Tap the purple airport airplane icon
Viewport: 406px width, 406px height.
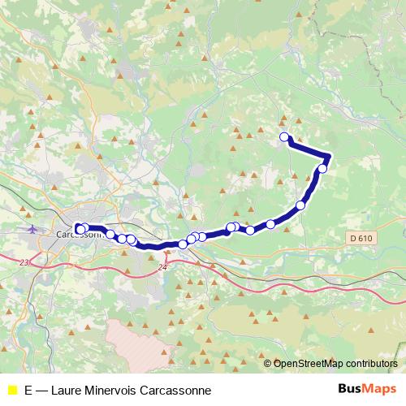pos(32,228)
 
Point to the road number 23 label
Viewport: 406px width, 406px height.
pos(24,261)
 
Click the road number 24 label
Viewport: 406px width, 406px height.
pos(163,266)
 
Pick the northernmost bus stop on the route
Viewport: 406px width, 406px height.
pos(284,137)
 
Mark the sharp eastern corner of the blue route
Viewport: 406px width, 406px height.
pos(330,155)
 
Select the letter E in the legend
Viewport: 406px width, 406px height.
pos(29,390)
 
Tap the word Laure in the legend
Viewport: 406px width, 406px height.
pos(67,390)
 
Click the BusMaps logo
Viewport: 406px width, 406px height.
pos(367,389)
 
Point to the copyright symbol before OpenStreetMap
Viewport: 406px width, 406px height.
pos(268,364)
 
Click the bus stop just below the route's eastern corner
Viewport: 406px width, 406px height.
pos(322,169)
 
